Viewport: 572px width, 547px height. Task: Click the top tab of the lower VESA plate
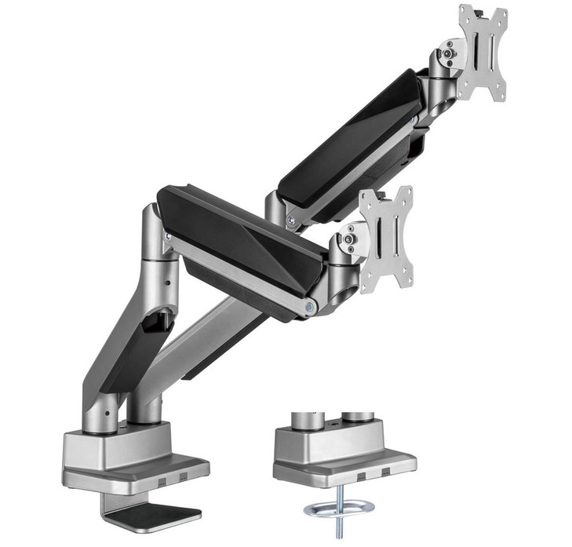click(x=377, y=196)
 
